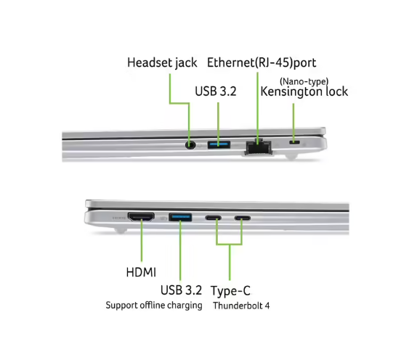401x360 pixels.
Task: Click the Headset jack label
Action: [x=162, y=63]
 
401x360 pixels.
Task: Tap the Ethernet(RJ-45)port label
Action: [x=262, y=62]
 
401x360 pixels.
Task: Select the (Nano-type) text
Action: [x=304, y=81]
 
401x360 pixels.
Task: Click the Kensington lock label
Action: [x=304, y=91]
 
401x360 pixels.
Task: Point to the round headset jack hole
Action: [x=190, y=145]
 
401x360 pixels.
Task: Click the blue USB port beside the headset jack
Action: [x=219, y=144]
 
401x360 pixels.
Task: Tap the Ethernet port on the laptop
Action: [x=259, y=147]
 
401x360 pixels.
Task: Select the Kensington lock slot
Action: [x=294, y=142]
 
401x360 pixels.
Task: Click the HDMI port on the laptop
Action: [x=141, y=217]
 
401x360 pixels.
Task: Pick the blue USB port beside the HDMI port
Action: [x=180, y=218]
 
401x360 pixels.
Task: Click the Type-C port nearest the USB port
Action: [x=214, y=218]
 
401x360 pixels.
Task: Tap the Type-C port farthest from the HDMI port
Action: [x=243, y=218]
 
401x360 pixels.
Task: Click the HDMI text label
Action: [x=141, y=272]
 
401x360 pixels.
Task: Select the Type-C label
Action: [x=230, y=291]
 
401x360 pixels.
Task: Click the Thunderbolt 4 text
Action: [x=241, y=306]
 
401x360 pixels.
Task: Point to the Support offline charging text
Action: [x=154, y=306]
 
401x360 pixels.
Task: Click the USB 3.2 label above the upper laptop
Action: [x=216, y=91]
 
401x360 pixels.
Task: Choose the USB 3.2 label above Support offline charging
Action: [x=181, y=290]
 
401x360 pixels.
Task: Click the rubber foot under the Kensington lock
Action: [x=291, y=157]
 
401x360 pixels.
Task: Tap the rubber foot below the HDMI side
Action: [x=120, y=230]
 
